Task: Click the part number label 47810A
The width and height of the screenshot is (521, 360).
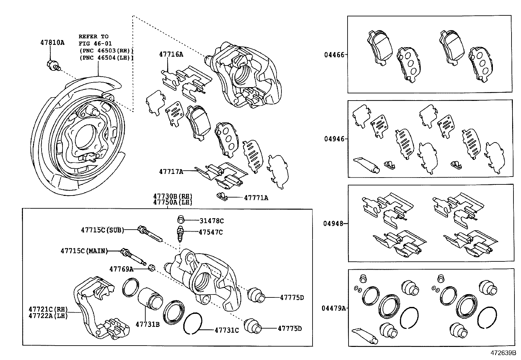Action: (x=52, y=43)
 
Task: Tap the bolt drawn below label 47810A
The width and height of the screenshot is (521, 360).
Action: (x=53, y=66)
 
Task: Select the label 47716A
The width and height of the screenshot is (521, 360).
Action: (x=171, y=54)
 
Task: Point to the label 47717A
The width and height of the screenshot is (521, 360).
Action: (x=171, y=171)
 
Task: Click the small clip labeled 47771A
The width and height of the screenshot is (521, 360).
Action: (x=222, y=197)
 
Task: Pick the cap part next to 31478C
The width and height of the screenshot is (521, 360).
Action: (x=180, y=220)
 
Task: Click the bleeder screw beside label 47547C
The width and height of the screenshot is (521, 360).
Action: (x=180, y=233)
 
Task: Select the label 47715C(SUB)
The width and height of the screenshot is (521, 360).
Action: (x=102, y=230)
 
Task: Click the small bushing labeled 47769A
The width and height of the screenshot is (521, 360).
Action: (x=152, y=268)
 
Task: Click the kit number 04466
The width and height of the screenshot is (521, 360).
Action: (x=334, y=55)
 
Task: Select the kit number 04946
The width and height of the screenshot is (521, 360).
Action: (x=334, y=139)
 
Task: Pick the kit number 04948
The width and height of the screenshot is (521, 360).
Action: (x=333, y=224)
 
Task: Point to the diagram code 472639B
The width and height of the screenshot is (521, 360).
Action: (x=503, y=353)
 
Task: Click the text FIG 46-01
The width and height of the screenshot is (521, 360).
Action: (x=95, y=43)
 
